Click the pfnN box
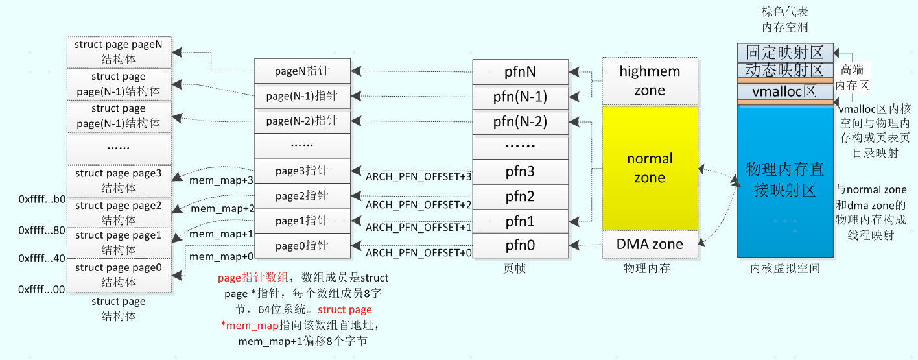[521, 71]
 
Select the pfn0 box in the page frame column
[521, 246]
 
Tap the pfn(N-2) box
[521, 121]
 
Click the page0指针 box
[302, 246]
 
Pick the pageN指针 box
[302, 71]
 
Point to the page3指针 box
[302, 171]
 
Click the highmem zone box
[650, 80]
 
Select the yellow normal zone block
[650, 168]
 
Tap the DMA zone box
[650, 244]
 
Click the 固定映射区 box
[784, 53]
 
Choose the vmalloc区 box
[784, 91]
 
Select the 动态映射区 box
[784, 70]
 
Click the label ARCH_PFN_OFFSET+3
[418, 176]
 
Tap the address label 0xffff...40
[42, 258]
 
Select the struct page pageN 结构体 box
[119, 52]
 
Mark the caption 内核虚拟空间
[784, 268]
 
